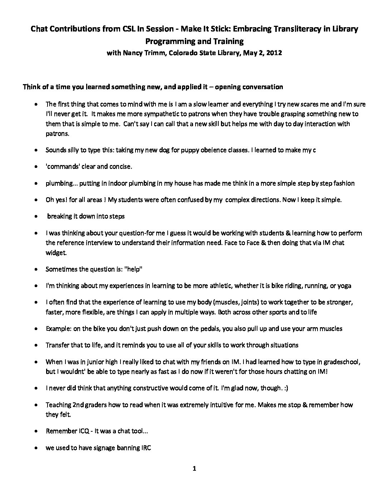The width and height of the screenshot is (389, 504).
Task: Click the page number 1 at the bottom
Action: pyautogui.click(x=194, y=469)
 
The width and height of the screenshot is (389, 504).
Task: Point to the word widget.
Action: pyautogui.click(x=56, y=253)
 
